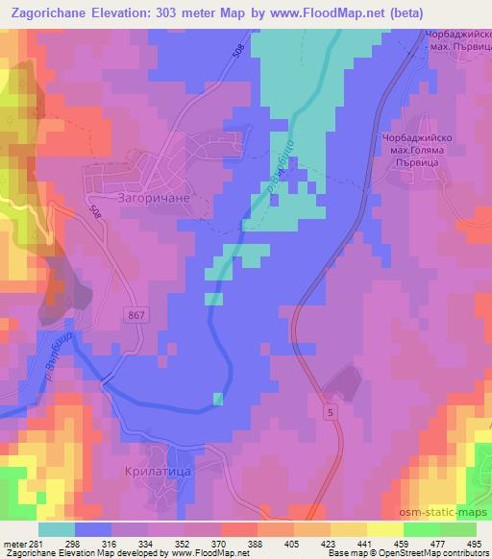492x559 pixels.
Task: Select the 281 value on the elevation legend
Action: click(x=35, y=543)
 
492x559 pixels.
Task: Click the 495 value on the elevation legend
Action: click(x=474, y=543)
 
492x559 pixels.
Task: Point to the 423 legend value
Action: click(x=330, y=543)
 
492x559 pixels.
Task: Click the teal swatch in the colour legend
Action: click(x=57, y=529)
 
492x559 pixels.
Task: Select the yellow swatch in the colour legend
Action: click(x=385, y=529)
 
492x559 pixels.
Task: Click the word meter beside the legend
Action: click(x=13, y=543)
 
